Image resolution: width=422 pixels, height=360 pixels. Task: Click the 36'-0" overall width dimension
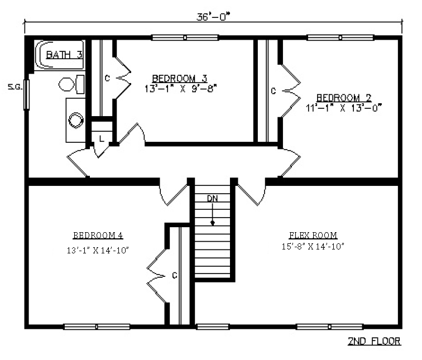click(213, 17)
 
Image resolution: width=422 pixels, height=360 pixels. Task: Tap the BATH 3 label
click(64, 55)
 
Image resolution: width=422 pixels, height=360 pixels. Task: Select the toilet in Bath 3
click(71, 84)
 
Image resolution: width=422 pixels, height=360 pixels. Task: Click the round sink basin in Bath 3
click(75, 120)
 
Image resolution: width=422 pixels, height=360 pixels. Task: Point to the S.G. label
click(15, 87)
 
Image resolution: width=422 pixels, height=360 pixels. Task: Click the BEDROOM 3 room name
click(180, 79)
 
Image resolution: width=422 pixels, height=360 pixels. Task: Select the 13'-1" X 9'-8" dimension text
click(181, 89)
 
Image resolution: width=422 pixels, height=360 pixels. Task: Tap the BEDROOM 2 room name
click(344, 98)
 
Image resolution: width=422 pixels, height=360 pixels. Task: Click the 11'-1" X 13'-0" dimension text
click(344, 108)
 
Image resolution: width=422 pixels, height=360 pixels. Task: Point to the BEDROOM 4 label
click(98, 235)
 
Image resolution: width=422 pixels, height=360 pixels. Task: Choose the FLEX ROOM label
click(313, 235)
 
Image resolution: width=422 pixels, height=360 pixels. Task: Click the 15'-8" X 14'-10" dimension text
click(313, 246)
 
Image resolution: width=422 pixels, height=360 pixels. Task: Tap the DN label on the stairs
click(212, 199)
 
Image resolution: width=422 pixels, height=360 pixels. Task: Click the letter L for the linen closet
click(101, 139)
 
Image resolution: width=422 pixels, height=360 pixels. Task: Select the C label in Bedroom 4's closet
click(175, 276)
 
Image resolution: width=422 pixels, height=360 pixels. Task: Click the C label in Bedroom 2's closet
click(274, 91)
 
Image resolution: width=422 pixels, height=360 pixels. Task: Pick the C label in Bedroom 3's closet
click(107, 78)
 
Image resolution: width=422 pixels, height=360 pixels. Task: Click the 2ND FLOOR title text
click(375, 341)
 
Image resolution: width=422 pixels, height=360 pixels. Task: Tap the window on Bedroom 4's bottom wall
click(97, 327)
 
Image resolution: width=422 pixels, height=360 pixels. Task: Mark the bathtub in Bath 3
click(60, 55)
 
